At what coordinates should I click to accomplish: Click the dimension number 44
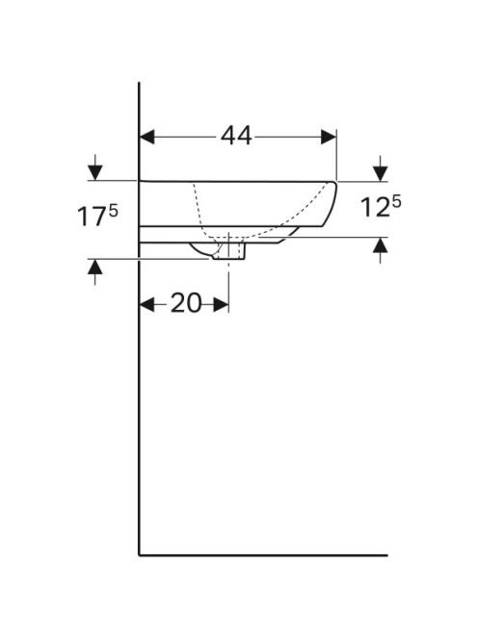point(236,136)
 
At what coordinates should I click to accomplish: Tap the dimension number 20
point(186,303)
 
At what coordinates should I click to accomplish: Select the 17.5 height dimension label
point(97,216)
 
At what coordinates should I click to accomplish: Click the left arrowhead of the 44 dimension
point(147,137)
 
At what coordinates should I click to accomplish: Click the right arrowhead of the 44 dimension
point(329,137)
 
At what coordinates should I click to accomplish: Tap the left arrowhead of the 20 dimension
point(147,304)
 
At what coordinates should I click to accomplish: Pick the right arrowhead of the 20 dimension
point(221,304)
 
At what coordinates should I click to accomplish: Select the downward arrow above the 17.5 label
point(95,167)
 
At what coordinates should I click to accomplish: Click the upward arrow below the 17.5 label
point(95,272)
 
